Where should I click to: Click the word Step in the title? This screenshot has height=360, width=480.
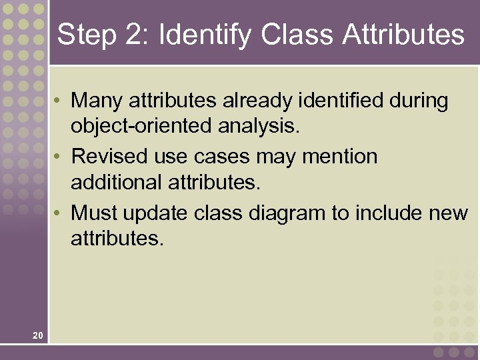click(85, 35)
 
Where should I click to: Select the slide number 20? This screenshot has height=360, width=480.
click(37, 335)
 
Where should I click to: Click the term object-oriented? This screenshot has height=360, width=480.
click(141, 125)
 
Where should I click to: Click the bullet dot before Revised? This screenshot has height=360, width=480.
click(59, 157)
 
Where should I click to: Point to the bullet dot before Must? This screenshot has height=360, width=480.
click(59, 213)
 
